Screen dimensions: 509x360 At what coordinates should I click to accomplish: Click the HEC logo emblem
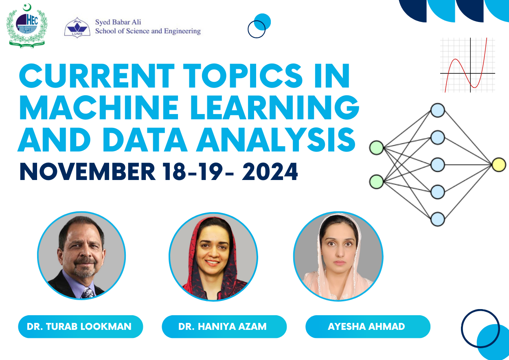27,26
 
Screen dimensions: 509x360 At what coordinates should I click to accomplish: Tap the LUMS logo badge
77,28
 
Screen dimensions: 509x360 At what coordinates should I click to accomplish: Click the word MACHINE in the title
99,107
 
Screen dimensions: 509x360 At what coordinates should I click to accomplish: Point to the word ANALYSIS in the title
276,139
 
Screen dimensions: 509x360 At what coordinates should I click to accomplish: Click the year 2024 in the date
270,172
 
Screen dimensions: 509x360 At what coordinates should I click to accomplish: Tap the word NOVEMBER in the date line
87,172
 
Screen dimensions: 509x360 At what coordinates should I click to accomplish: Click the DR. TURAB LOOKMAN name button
81,327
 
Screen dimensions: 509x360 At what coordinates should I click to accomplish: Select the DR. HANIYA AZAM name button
224,327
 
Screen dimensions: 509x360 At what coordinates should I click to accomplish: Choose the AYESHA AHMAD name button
368,327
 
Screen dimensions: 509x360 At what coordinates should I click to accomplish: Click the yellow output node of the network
499,165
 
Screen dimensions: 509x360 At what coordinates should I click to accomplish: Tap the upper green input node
377,148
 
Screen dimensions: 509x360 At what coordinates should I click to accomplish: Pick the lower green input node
377,182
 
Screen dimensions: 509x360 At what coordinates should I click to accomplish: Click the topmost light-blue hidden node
438,110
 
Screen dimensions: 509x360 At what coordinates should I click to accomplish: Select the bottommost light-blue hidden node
438,220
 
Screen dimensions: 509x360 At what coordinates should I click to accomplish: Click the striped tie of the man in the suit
88,293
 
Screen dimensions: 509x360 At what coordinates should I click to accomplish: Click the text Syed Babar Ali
118,22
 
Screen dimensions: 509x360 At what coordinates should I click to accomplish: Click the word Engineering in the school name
182,31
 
